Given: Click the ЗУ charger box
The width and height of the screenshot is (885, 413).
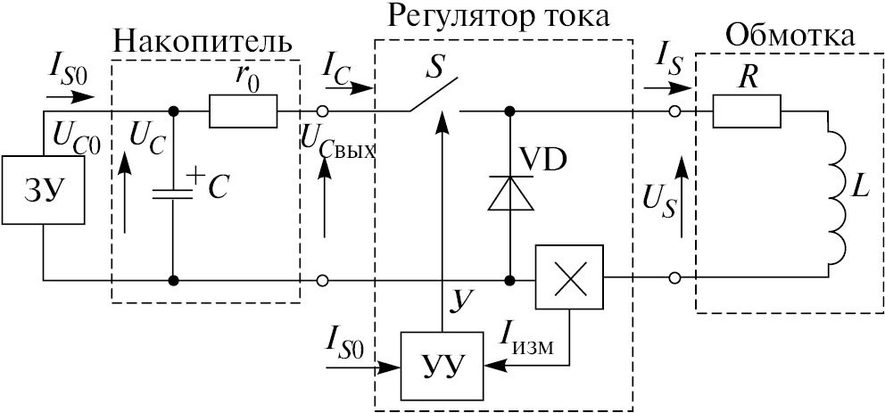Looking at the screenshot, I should pos(44,193).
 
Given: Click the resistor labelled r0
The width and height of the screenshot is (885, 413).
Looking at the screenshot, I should pos(244,112).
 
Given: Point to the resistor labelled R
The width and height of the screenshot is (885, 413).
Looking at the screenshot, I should pos(746,112).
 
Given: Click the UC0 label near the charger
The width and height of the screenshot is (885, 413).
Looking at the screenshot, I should pos(75,136).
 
